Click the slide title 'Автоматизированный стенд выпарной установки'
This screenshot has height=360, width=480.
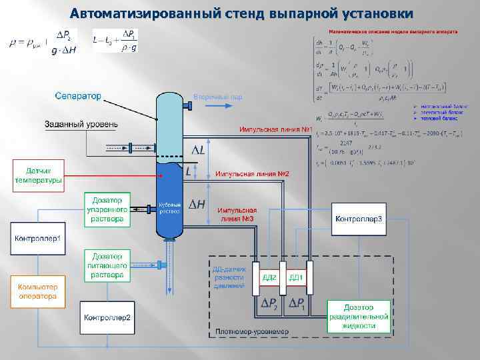pyautogui.click(x=241, y=13)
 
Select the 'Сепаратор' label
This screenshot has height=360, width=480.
pyautogui.click(x=78, y=96)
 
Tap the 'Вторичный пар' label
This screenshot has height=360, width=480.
pyautogui.click(x=217, y=97)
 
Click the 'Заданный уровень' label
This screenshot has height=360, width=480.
pyautogui.click(x=81, y=124)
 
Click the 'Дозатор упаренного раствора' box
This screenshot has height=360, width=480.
pyautogui.click(x=107, y=209)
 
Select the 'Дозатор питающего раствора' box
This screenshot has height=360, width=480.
pyautogui.click(x=107, y=265)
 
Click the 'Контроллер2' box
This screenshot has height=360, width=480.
pyautogui.click(x=107, y=318)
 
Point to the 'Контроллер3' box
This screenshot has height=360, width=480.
pyautogui.click(x=359, y=219)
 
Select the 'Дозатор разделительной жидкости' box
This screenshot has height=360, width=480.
pyautogui.click(x=358, y=316)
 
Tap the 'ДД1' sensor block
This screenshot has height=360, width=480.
pyautogui.click(x=296, y=277)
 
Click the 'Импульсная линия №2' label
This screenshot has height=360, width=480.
pyautogui.click(x=251, y=174)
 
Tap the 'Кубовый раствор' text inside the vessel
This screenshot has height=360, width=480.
pyautogui.click(x=170, y=207)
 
